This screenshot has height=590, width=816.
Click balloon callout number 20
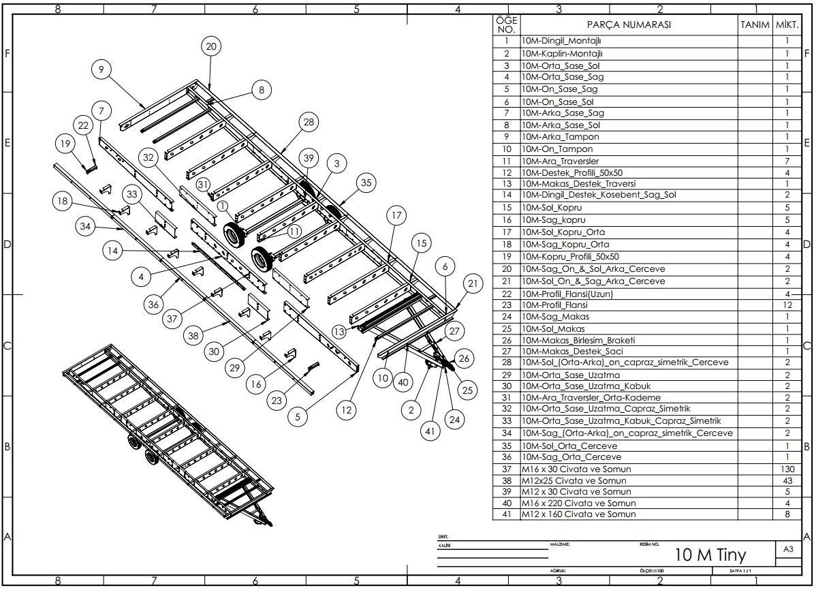[x=210, y=46]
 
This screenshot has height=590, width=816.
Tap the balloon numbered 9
[x=101, y=69]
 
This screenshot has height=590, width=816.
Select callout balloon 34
[x=85, y=227]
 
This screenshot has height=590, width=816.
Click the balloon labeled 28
[x=308, y=122]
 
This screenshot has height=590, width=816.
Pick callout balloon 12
[x=347, y=409]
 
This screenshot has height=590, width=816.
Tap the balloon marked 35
[x=367, y=183]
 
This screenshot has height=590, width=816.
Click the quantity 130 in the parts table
[x=787, y=469]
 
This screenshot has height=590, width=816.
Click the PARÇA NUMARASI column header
[x=629, y=25]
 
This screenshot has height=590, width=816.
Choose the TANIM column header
[x=754, y=25]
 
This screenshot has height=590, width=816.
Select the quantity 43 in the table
[x=787, y=480]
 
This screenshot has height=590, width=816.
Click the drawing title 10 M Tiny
[x=710, y=554]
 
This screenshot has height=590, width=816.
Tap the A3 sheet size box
[x=788, y=549]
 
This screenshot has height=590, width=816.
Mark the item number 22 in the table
[x=506, y=294]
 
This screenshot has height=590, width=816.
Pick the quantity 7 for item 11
[x=787, y=161]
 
